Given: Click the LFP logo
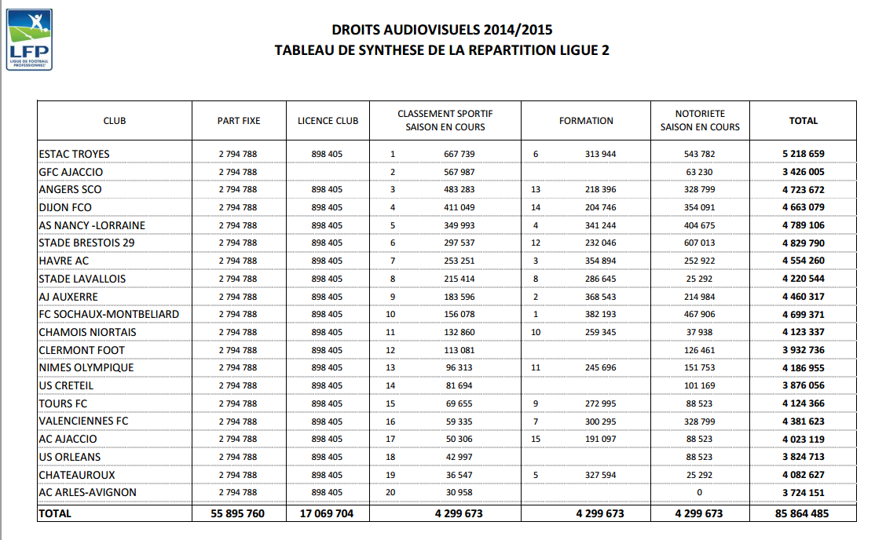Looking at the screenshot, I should (x=29, y=39).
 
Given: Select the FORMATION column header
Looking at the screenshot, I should (x=586, y=121).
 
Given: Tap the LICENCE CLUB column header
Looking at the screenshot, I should (x=328, y=121).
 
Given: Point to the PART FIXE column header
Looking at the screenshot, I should (x=239, y=121).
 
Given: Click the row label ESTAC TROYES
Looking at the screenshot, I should (x=74, y=154).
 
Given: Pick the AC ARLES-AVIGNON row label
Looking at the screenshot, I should (x=87, y=492).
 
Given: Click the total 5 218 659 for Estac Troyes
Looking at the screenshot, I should (x=803, y=154).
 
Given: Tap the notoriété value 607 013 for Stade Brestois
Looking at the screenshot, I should (x=700, y=243).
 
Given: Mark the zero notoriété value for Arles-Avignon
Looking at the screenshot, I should (x=700, y=492).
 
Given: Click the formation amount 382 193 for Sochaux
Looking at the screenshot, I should (x=600, y=314).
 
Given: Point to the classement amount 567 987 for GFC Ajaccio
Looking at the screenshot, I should (x=459, y=172).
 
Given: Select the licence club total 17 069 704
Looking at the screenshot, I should (x=328, y=514).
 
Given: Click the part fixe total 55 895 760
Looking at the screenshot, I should (x=238, y=514).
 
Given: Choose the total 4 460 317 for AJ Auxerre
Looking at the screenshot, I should (x=803, y=297).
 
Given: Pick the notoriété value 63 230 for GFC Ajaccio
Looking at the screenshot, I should (x=700, y=172).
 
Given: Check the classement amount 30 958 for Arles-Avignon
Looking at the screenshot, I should (x=459, y=492).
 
